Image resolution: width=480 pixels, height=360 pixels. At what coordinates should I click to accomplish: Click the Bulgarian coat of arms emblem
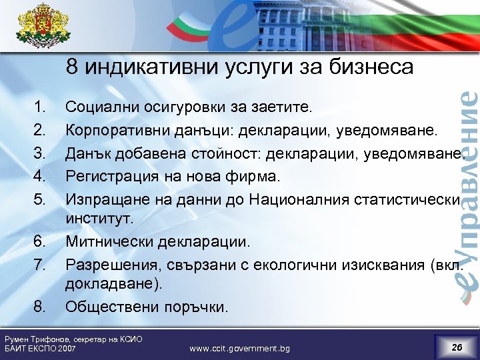[x=42, y=30]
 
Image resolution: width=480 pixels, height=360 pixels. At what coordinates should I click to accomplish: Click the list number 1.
[x=40, y=105]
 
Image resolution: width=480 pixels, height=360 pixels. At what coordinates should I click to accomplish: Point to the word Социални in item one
[x=99, y=105]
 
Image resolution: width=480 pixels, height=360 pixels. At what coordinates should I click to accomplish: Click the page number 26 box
[x=457, y=347]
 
